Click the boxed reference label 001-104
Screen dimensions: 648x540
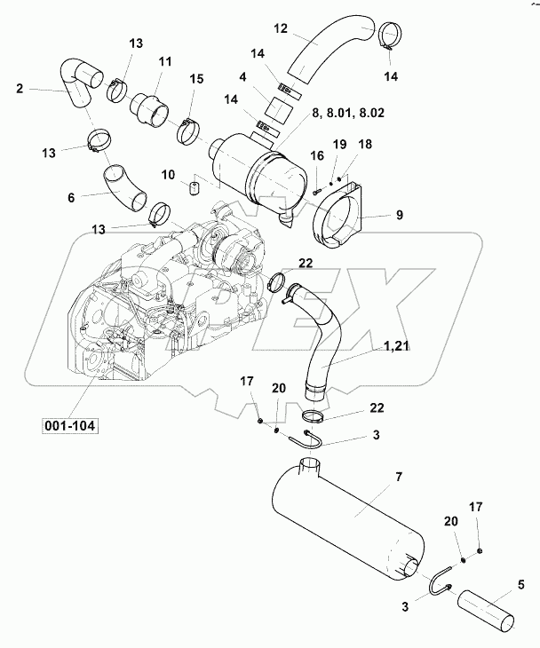[x=69, y=425]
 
